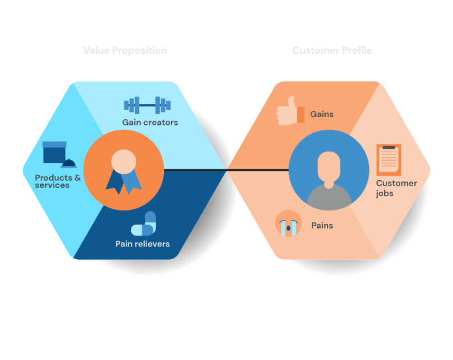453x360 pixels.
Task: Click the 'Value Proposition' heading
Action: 125,50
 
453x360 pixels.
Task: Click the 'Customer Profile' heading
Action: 332,50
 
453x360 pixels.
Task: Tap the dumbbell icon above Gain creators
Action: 147,105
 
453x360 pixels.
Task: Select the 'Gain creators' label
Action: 150,122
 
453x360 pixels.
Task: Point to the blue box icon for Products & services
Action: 54,152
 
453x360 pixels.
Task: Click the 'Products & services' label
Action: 58,181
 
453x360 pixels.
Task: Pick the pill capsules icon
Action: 144,223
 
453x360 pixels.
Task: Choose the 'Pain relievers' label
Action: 143,244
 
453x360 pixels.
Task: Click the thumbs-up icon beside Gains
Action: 290,111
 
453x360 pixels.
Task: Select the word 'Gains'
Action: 322,114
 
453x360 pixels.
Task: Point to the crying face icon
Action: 289,223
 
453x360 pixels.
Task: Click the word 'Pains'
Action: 322,226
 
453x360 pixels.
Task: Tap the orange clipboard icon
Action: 389,160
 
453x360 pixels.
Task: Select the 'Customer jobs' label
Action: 397,188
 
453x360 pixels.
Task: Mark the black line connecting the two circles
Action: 226,170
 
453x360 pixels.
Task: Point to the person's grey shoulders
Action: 329,198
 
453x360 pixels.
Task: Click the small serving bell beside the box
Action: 69,163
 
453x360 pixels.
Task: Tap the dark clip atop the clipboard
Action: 389,147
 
